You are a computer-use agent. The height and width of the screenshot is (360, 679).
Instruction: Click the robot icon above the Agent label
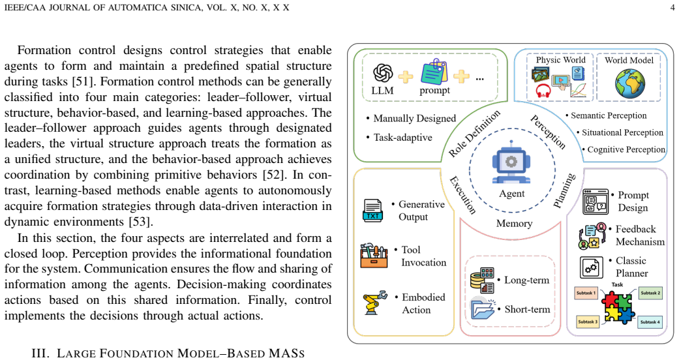(511, 162)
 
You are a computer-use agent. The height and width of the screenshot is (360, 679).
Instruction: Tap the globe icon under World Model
(629, 83)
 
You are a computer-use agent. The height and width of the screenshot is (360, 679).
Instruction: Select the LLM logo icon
(383, 73)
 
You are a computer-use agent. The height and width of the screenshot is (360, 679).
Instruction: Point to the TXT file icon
(372, 211)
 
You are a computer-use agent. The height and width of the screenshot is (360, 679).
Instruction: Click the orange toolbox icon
(374, 256)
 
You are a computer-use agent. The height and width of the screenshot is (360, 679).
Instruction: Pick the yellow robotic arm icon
(374, 303)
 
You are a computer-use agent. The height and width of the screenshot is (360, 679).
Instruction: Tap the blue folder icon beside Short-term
(483, 308)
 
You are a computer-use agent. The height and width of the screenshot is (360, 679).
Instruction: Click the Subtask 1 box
(586, 293)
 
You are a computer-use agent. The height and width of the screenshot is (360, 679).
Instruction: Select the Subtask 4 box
(650, 322)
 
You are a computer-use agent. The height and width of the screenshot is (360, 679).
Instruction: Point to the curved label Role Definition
(474, 133)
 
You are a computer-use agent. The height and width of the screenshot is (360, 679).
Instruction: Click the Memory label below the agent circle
(514, 224)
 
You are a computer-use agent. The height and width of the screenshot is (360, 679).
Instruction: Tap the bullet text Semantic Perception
(609, 115)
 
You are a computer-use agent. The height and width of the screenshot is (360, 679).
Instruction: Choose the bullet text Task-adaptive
(402, 138)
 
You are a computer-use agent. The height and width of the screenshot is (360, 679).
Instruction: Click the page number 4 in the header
(672, 7)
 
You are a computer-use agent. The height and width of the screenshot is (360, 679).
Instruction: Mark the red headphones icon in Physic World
(543, 91)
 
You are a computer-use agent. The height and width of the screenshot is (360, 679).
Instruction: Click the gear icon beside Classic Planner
(591, 267)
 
